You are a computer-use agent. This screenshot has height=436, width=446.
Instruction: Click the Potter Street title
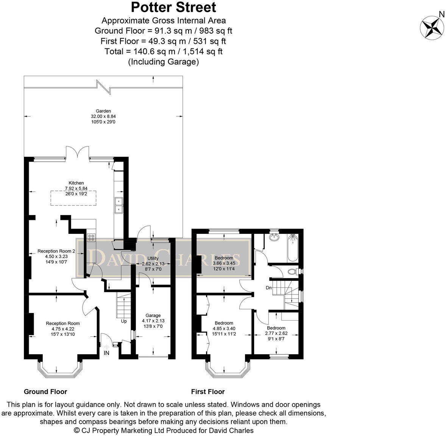coord(174,7)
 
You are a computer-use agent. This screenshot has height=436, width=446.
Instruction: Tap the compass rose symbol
coord(431,27)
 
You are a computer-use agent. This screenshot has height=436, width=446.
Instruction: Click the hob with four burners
coord(92,238)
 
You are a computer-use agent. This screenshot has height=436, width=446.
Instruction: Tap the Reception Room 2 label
coord(56,251)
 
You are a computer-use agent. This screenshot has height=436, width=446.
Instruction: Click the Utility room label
coord(153,258)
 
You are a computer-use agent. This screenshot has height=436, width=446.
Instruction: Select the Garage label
coord(153,315)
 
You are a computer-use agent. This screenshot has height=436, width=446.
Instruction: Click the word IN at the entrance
coord(106,353)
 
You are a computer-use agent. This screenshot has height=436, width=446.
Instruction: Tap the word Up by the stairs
coord(124,321)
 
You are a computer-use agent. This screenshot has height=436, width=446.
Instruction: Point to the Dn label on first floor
coord(269,288)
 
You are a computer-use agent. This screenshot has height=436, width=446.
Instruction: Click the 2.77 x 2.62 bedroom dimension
coord(276,333)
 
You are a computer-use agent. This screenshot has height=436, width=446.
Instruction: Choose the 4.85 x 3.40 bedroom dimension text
coord(224,329)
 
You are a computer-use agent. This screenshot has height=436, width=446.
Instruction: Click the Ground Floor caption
coord(45,392)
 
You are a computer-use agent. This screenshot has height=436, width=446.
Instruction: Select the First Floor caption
coord(208,392)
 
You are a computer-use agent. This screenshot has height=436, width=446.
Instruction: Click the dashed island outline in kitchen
coord(73,198)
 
